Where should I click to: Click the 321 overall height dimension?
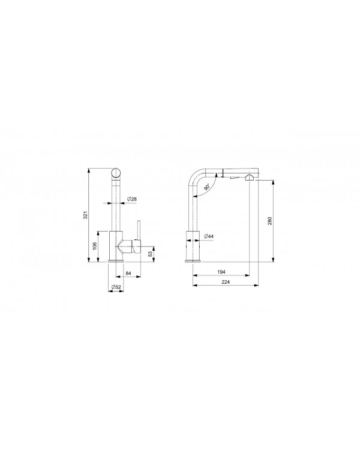click(85, 214)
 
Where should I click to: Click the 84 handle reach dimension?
click(128, 274)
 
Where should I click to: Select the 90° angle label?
click(206, 187)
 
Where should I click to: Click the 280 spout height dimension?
click(270, 220)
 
